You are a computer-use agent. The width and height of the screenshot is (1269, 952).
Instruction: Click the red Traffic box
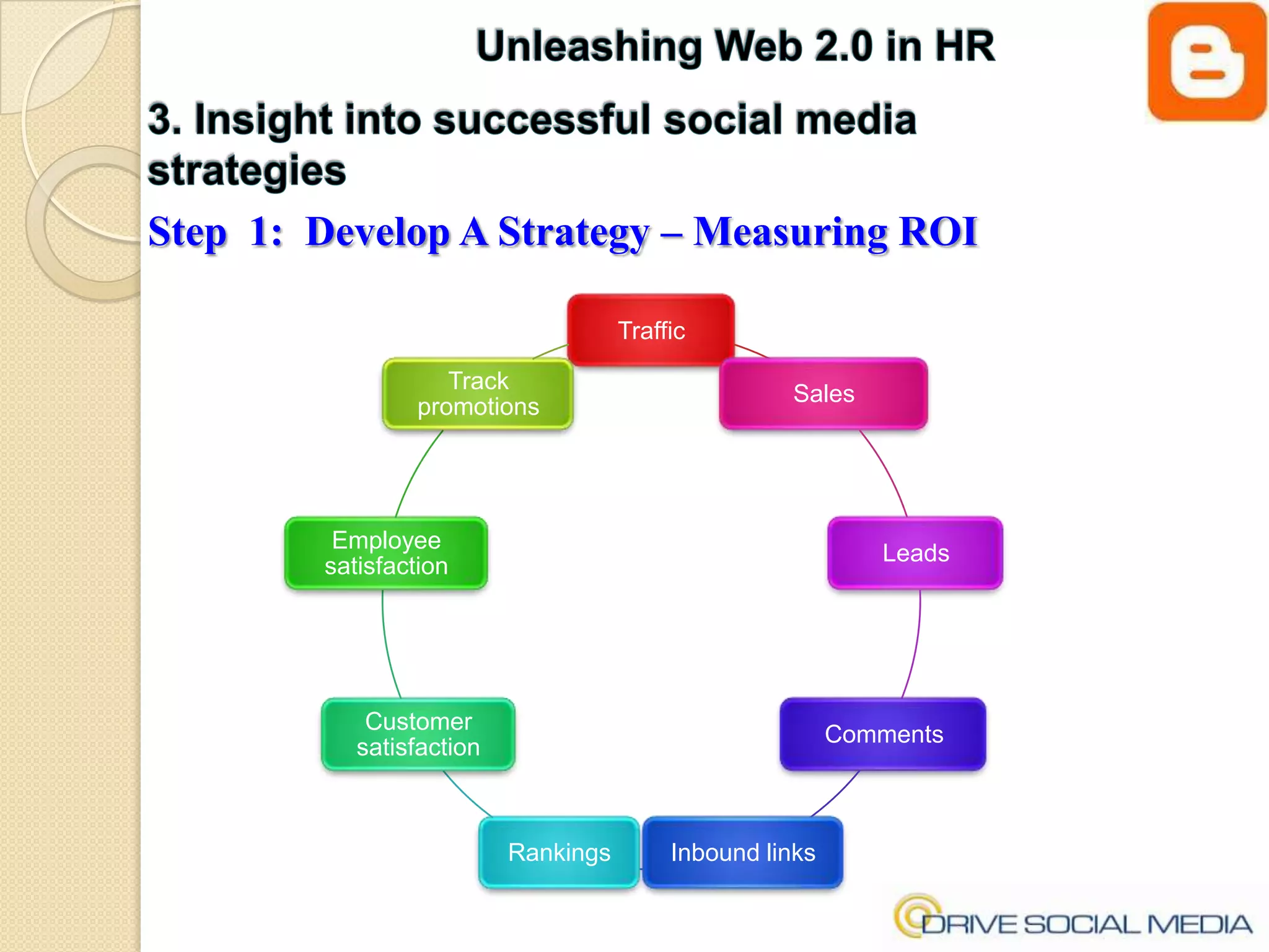tap(651, 330)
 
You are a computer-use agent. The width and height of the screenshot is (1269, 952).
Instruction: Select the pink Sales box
tap(823, 394)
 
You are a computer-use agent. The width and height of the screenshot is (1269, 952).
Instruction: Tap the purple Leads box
tap(915, 553)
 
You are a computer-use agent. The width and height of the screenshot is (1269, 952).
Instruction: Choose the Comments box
tap(883, 734)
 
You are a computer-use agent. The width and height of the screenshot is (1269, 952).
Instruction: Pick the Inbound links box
tap(742, 853)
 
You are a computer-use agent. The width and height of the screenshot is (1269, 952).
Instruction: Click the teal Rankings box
tap(559, 853)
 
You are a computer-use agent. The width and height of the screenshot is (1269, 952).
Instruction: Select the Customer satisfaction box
tap(418, 734)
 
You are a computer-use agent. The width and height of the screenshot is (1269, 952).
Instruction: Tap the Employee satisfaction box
tap(386, 553)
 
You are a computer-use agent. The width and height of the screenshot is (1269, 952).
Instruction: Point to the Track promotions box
tap(478, 394)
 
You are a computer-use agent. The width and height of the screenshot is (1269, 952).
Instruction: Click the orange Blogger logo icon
tap(1206, 62)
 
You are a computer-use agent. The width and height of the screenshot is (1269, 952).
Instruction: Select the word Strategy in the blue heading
tap(574, 233)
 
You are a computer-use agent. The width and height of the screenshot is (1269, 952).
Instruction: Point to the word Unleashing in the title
tap(589, 47)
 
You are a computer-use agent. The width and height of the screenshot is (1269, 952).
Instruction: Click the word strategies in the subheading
tap(247, 171)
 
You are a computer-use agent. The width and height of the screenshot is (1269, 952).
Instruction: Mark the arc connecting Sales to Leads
tap(888, 471)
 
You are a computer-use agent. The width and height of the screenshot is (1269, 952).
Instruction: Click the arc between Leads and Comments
tap(916, 645)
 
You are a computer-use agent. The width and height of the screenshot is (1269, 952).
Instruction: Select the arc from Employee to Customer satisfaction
tap(386, 645)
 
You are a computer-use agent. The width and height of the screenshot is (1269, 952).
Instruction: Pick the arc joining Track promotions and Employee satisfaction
tap(415, 471)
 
